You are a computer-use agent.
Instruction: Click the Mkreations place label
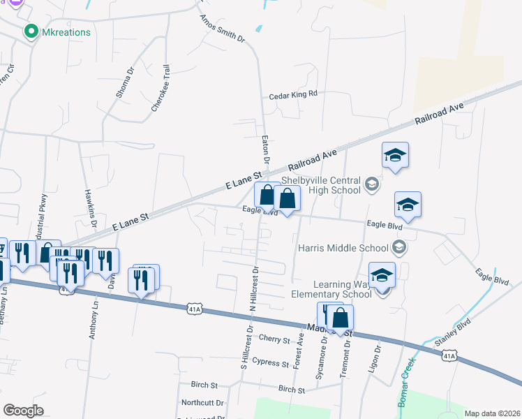[x=67, y=31]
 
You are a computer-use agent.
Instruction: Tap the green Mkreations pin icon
[x=30, y=31]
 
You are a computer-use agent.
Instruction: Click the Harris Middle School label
[x=343, y=247]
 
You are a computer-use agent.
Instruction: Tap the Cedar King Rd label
[x=293, y=94]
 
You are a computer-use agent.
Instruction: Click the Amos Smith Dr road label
[x=223, y=29]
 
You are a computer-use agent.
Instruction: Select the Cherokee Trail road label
[x=161, y=89]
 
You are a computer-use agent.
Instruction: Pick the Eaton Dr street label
[x=266, y=147]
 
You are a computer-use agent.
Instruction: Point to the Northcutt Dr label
[x=202, y=403]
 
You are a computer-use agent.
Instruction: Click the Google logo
[x=23, y=411]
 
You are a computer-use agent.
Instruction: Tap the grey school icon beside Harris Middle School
[x=399, y=247]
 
